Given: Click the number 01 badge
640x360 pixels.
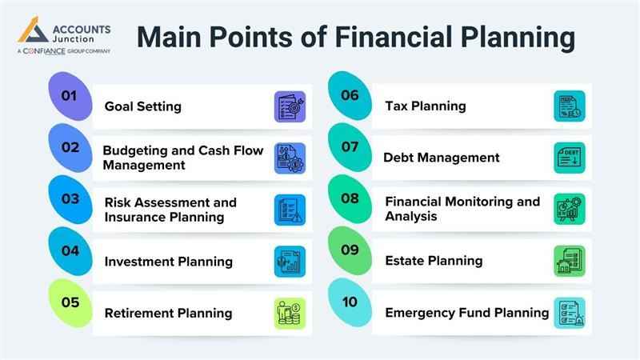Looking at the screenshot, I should (70, 96).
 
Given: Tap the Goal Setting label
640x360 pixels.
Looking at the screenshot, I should (143, 106).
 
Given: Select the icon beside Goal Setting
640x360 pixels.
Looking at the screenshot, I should (290, 106).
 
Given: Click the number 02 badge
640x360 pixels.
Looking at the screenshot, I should (70, 147).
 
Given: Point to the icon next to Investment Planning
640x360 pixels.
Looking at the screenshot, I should (290, 261).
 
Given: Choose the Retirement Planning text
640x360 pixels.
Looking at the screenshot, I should (168, 313).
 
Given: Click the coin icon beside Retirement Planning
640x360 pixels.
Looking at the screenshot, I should (290, 313).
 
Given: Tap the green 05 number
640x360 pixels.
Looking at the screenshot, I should (70, 302).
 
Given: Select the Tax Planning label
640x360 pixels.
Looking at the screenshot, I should (426, 106).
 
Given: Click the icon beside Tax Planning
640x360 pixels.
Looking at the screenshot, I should (570, 106).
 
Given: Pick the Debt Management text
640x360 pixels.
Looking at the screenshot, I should (442, 158).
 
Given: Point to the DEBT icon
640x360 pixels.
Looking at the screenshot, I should (570, 158).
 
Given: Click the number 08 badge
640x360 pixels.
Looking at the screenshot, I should (350, 198).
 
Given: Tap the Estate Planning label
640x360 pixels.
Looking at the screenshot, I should (434, 261).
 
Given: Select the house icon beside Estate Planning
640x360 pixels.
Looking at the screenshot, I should (570, 261).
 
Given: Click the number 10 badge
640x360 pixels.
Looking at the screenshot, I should (350, 302).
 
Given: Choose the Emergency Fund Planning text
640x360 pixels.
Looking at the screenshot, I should (467, 313).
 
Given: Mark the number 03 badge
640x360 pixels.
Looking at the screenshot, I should (70, 198).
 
